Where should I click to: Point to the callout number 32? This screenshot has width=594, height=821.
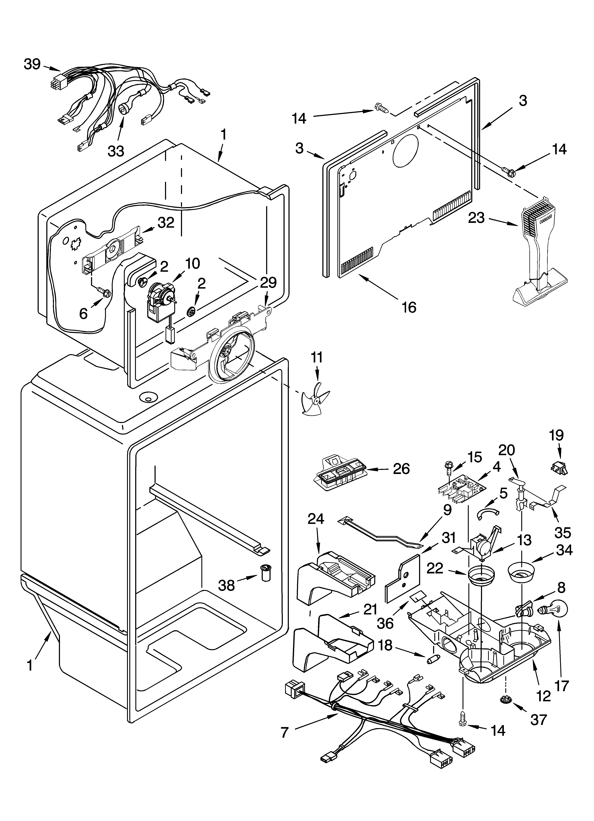[166, 223]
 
